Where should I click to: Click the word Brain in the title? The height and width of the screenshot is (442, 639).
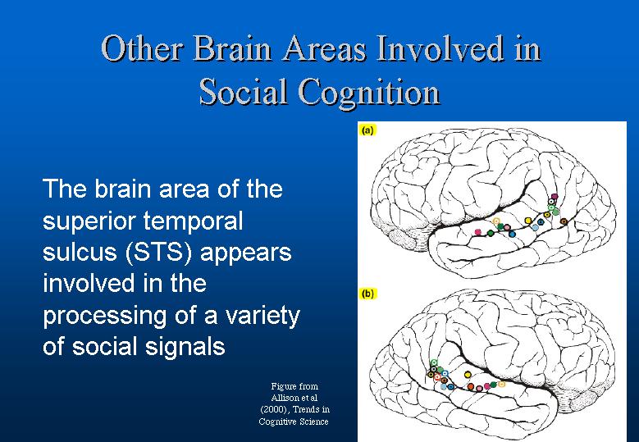[x=232, y=48]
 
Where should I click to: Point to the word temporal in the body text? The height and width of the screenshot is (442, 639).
[x=193, y=221]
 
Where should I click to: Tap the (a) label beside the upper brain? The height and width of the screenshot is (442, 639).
[x=367, y=130]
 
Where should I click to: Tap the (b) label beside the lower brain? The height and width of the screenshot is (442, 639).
[x=367, y=294]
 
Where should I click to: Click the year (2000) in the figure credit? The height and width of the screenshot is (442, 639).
[x=274, y=409]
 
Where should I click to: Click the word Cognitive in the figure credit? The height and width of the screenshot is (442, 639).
[x=276, y=421]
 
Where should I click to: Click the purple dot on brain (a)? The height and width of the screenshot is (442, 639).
[x=554, y=196]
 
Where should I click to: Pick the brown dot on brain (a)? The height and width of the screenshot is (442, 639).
[x=564, y=221]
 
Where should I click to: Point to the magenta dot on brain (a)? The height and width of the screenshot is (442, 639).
[x=478, y=232]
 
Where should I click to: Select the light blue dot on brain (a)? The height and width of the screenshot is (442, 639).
[x=535, y=228]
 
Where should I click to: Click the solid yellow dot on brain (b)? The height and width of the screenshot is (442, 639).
[x=468, y=375]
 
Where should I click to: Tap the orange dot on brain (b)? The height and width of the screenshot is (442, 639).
[x=471, y=386]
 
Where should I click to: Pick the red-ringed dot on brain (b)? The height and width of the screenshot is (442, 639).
[x=437, y=377]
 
